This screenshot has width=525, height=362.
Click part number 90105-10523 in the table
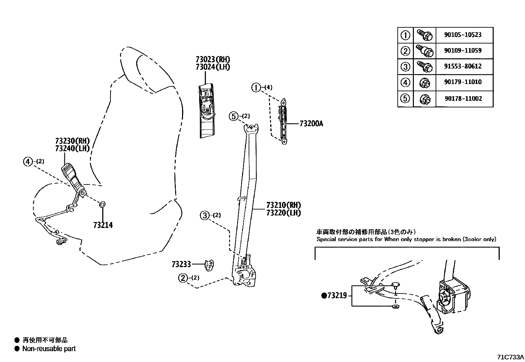pos(462,35)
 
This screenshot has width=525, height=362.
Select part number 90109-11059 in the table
pos(462,50)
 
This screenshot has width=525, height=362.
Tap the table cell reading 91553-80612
pos(462,66)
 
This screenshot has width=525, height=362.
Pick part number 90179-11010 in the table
pos(462,82)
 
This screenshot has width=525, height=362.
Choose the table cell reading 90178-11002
pos(462,98)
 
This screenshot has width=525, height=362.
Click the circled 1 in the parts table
pos(405,35)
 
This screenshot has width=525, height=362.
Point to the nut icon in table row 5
pos(424,99)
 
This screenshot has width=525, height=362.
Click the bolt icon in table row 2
pos(424,51)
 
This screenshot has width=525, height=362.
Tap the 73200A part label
pos(311,124)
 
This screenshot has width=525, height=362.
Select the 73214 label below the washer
pos(103,225)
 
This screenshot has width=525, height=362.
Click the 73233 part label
pos(181,264)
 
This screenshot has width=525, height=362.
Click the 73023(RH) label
pos(213,60)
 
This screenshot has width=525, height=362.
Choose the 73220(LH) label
pos(284,213)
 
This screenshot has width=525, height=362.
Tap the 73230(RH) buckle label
pos(73,141)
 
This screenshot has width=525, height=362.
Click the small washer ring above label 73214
pos(102,205)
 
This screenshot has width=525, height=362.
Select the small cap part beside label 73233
pos(209,265)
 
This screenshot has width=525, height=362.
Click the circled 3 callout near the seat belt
pos(204,216)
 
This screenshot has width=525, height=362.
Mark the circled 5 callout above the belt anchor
pos(233,116)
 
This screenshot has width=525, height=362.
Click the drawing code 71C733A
pos(510,357)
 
